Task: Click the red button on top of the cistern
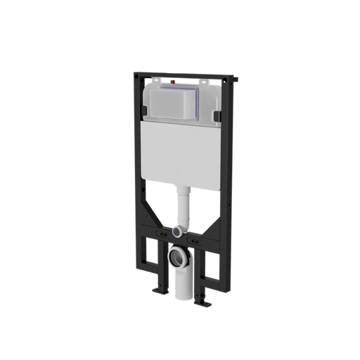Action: click(175, 82)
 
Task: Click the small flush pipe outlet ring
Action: click(180, 230)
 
